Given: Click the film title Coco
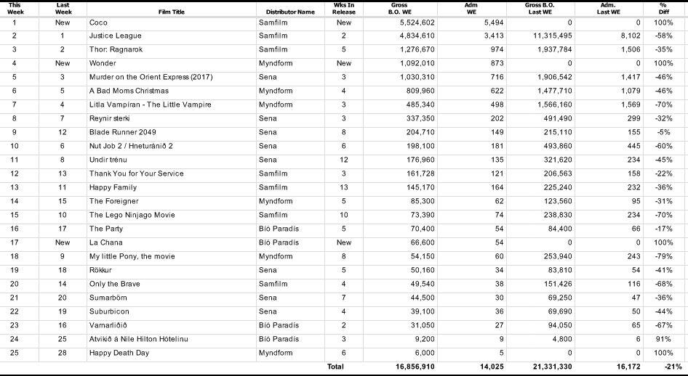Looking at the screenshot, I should (98, 23).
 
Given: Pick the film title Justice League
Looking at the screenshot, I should (115, 36).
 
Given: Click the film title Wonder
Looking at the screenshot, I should (103, 63).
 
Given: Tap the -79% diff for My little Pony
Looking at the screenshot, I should (663, 256).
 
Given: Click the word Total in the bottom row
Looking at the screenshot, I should (335, 367).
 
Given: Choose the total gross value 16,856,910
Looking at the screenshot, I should (415, 367).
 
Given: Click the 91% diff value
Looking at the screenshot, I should (665, 339).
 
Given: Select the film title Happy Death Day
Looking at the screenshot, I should (119, 353).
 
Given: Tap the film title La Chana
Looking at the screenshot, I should (106, 242).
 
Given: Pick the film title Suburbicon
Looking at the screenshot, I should (111, 311).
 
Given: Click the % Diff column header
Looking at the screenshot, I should (663, 9).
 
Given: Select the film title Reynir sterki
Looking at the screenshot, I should (110, 118).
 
